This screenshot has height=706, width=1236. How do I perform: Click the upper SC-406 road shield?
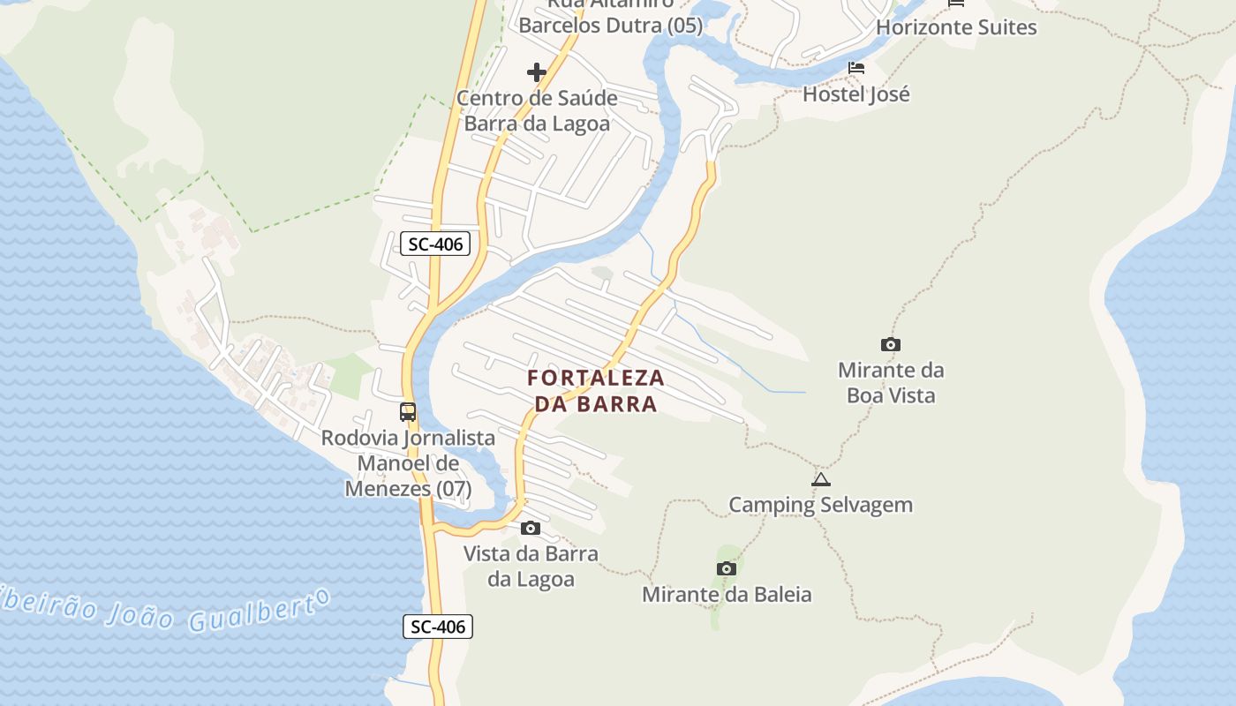click(x=435, y=244)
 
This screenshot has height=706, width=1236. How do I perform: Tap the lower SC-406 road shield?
click(x=439, y=627)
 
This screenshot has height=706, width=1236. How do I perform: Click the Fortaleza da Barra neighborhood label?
click(x=596, y=391)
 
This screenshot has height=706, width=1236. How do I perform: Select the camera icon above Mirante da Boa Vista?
click(x=891, y=344)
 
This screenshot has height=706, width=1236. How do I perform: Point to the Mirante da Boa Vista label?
click(x=891, y=382)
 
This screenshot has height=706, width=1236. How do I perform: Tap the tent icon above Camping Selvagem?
click(x=821, y=480)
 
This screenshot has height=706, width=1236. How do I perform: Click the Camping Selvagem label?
click(x=820, y=505)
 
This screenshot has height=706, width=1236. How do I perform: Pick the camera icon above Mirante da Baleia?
click(x=727, y=568)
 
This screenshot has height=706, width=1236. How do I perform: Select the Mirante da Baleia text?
click(x=727, y=594)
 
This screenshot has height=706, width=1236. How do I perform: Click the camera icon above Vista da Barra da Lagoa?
click(x=531, y=528)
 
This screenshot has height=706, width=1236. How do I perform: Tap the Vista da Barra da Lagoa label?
click(x=531, y=567)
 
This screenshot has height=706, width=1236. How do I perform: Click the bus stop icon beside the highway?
click(x=408, y=412)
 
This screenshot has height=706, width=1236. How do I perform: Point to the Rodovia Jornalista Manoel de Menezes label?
click(x=408, y=462)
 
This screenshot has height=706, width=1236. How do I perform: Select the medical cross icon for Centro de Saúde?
click(x=537, y=72)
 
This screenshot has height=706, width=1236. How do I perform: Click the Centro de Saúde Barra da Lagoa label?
click(x=537, y=110)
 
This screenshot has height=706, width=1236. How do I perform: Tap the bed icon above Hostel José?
click(x=855, y=68)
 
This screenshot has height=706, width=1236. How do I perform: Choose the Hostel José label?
click(x=855, y=94)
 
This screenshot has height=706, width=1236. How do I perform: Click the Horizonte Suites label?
click(x=956, y=27)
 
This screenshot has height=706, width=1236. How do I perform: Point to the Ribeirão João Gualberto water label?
click(x=168, y=609)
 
